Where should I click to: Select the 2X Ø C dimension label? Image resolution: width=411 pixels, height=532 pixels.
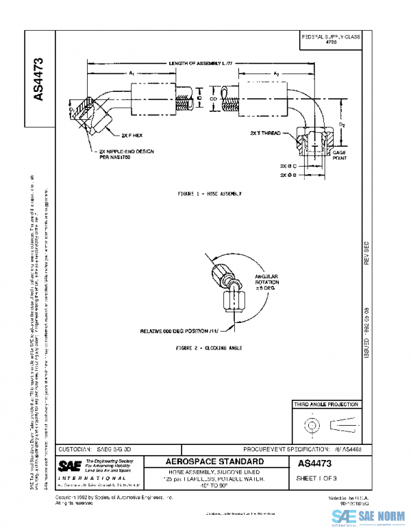click(288, 167)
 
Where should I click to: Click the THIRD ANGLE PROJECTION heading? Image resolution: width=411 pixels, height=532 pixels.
click(325, 405)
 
